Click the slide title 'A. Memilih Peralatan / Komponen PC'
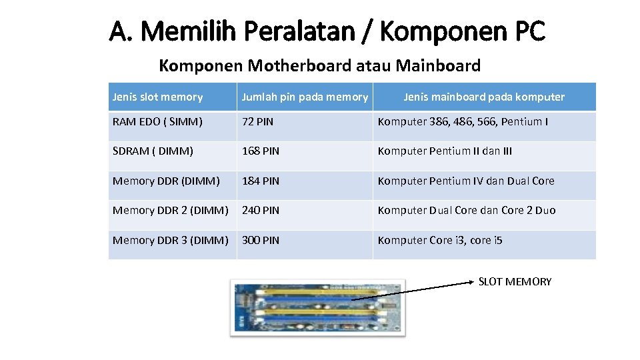pyautogui.click(x=327, y=31)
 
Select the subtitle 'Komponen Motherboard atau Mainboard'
pyautogui.click(x=319, y=65)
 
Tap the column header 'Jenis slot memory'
pyautogui.click(x=157, y=97)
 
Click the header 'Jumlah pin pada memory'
pyautogui.click(x=304, y=97)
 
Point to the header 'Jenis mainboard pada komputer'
pyautogui.click(x=483, y=97)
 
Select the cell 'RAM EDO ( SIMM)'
pyautogui.click(x=157, y=122)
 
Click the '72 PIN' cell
pyautogui.click(x=257, y=122)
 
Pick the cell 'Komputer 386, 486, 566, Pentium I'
pyautogui.click(x=463, y=122)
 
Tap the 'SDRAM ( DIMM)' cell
pyautogui.click(x=153, y=151)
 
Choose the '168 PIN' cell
pyautogui.click(x=260, y=151)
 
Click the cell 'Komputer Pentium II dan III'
pyautogui.click(x=445, y=151)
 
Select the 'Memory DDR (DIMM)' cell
pyautogui.click(x=166, y=181)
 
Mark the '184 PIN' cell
pyautogui.click(x=260, y=181)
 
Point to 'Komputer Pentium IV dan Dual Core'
pyautogui.click(x=465, y=181)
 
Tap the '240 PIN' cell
pyautogui.click(x=260, y=211)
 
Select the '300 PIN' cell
pyautogui.click(x=260, y=240)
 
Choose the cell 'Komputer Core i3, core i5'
pyautogui.click(x=440, y=240)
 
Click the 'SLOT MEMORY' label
pyautogui.click(x=515, y=282)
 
